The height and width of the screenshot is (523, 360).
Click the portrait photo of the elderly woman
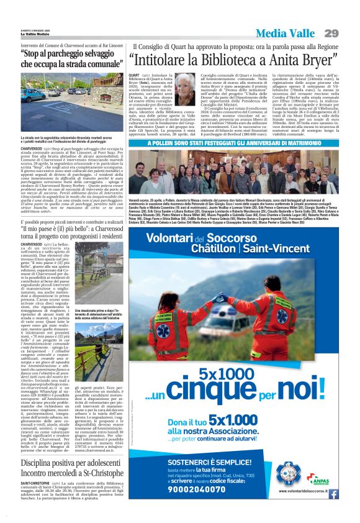pos(186,89)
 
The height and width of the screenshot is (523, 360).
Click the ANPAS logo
pos(319,479)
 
